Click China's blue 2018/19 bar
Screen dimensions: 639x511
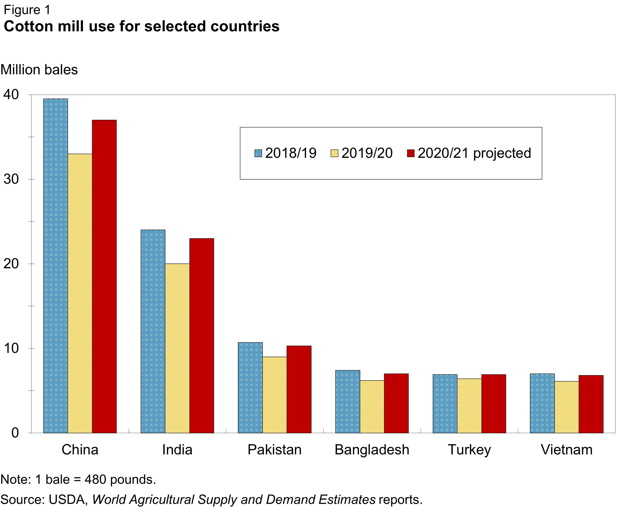(x=56, y=266)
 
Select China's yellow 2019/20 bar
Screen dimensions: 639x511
(x=80, y=293)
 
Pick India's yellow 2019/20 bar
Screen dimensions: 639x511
(x=177, y=348)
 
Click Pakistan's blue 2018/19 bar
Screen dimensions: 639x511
(x=250, y=388)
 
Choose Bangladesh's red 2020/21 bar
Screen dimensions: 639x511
(x=396, y=403)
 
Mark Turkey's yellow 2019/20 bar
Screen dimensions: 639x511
(x=469, y=406)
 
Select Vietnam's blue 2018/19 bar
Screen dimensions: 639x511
(x=542, y=403)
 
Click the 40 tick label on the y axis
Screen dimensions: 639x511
(x=11, y=95)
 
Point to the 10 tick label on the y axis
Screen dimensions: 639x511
(x=11, y=348)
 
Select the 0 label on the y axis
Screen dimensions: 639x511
(x=15, y=433)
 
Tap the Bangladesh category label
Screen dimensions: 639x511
(x=372, y=450)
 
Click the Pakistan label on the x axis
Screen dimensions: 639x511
(x=274, y=450)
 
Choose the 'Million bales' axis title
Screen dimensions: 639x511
(x=39, y=70)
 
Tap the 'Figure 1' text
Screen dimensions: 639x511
(x=27, y=10)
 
